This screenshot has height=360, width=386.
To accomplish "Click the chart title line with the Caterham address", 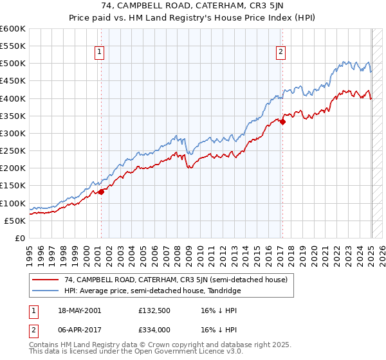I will click(193, 8).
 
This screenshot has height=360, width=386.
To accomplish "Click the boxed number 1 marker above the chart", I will click(100, 53).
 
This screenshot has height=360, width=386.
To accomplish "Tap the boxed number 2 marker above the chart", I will click(282, 53).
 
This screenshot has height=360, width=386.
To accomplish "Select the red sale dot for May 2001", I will click(101, 192).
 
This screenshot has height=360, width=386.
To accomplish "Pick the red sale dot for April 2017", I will click(282, 122).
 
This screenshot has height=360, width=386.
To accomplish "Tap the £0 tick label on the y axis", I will click(20, 238).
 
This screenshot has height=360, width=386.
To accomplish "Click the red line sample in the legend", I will click(45, 280).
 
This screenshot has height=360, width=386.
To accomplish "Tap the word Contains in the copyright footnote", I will click(42, 346).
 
